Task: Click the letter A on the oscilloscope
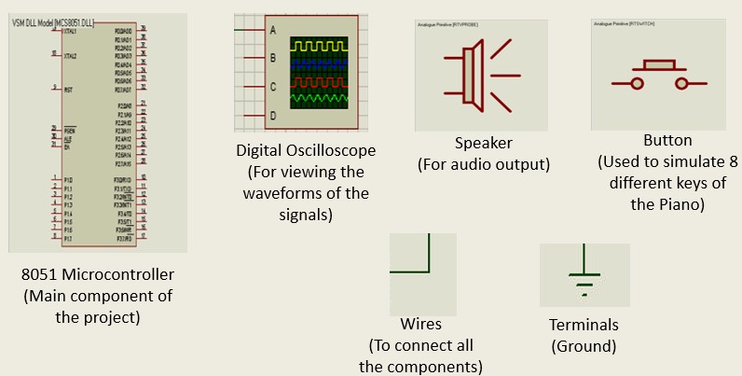click(273, 29)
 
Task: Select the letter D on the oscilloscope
click(273, 116)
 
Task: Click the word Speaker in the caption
click(484, 144)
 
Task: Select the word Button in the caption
click(667, 140)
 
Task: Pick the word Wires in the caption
click(420, 325)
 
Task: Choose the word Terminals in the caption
click(584, 325)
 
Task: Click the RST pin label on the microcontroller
click(68, 90)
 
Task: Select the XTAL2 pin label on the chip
click(70, 56)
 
